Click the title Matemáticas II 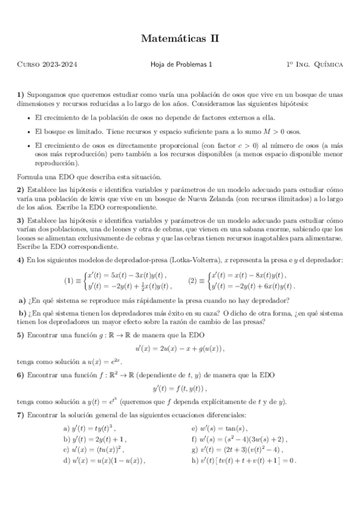click(180, 39)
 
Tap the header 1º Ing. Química click(315, 64)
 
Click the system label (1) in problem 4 click(69, 280)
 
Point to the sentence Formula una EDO click(88, 177)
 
